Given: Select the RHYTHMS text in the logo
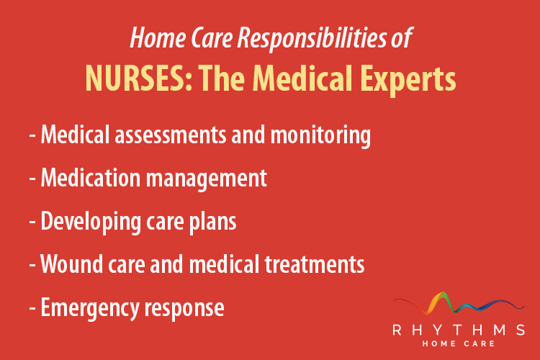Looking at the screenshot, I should coord(459,330).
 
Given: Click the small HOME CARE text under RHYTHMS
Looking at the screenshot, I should coord(459,345).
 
